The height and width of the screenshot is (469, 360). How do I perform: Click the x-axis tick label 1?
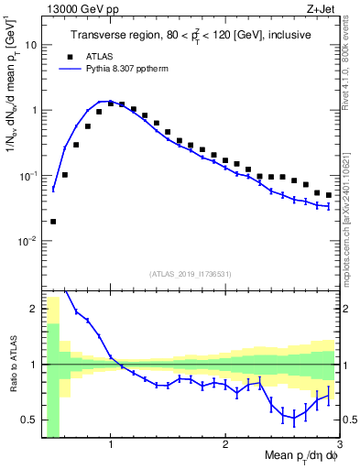pos(111,446)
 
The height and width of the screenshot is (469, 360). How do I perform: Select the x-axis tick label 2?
pos(225,446)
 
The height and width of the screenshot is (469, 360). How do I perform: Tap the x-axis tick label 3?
pos(339,446)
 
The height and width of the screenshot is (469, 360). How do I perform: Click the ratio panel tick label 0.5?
pos(29,420)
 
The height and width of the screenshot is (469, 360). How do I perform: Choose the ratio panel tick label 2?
pos(34,309)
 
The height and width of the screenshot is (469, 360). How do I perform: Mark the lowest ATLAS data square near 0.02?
pos(53,221)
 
